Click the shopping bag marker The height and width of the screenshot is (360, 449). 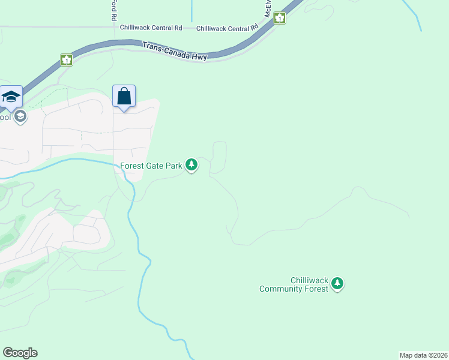124,97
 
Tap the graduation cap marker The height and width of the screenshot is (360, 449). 11,97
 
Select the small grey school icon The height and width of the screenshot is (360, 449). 20,116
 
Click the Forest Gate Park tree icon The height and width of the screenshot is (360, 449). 191,164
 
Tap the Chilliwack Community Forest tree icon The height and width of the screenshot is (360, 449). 337,284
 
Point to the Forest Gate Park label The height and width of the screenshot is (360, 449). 151,166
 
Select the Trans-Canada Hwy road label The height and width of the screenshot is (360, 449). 174,52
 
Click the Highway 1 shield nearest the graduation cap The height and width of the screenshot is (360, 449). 66,60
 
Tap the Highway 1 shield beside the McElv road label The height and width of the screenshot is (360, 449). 280,19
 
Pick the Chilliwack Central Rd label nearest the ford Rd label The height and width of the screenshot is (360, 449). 151,28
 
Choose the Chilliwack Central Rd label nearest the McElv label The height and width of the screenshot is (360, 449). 227,28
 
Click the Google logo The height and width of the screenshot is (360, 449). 20,353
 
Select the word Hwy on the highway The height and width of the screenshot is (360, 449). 198,57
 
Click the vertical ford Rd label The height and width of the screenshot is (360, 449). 113,10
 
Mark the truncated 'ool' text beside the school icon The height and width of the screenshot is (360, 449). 5,117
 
